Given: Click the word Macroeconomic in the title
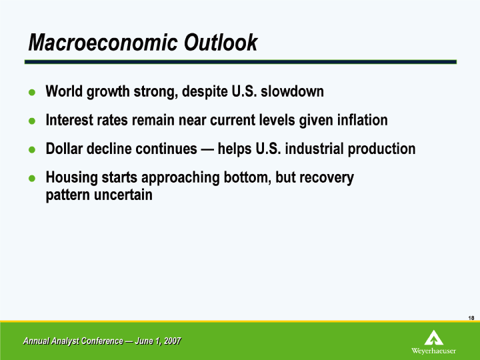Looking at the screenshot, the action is pos(103,42).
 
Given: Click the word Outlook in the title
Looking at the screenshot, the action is pos(221,42).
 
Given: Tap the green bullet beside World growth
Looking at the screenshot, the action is pos(32,92).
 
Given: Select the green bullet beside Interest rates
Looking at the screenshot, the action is pos(32,121).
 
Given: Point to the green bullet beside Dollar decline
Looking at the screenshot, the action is pos(32,150).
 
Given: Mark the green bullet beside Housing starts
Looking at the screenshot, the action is pos(32,178).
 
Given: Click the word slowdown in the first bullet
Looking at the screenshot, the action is pos(292,91).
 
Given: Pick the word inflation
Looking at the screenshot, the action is pos(363,120).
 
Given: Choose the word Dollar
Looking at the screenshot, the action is pos(64,149).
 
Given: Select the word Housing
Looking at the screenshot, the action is pos(71,178).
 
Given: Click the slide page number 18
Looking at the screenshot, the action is pos(471,318).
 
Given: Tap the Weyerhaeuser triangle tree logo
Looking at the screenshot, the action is pos(434,337).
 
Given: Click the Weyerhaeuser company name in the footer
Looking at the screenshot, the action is pos(433,351).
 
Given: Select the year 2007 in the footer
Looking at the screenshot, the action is pos(173,341).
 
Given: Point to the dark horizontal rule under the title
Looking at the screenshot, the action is pos(241,62).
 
